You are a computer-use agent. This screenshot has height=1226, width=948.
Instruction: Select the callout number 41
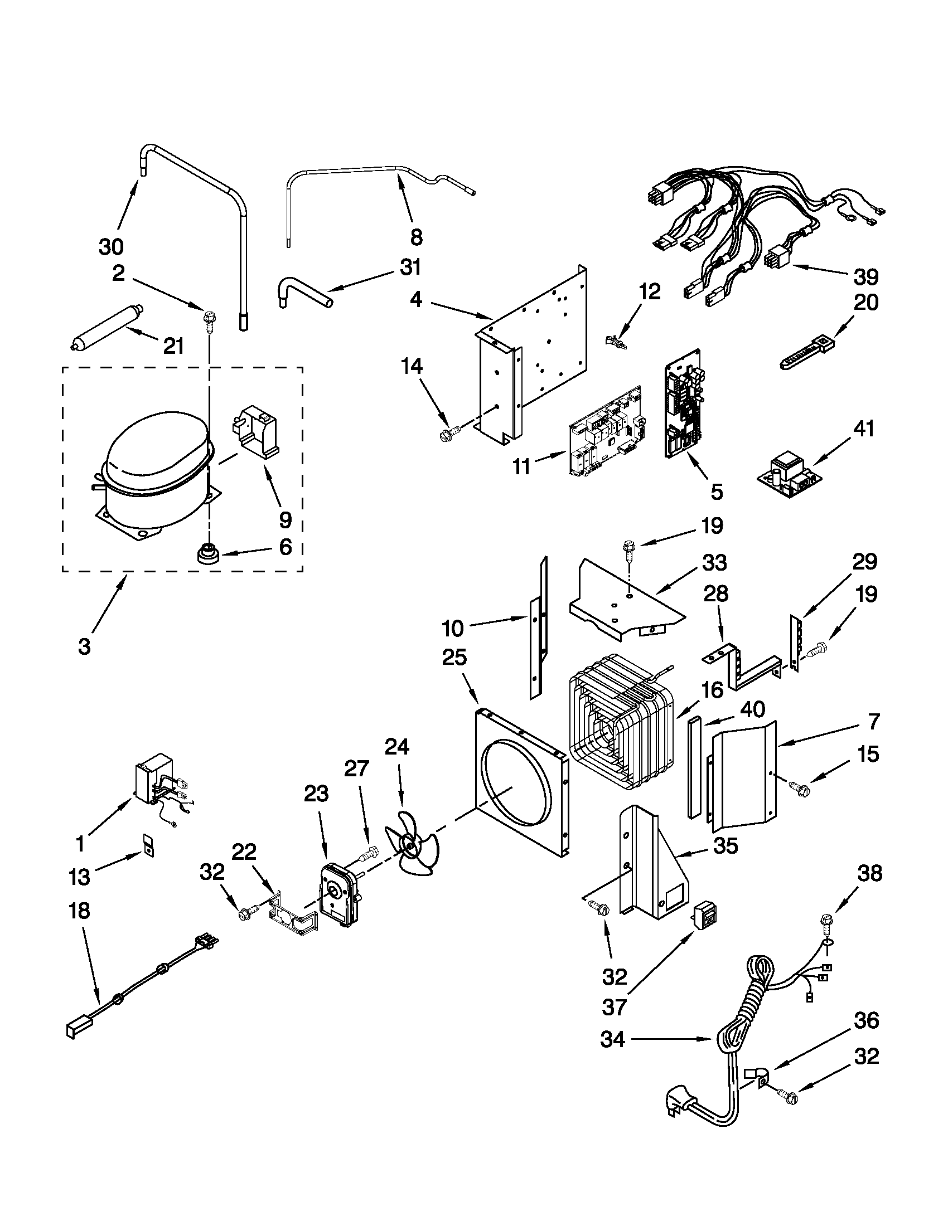pos(864,429)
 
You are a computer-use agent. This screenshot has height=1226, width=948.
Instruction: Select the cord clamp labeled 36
pos(758,1076)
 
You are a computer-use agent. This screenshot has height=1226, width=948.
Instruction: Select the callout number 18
pos(79,911)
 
